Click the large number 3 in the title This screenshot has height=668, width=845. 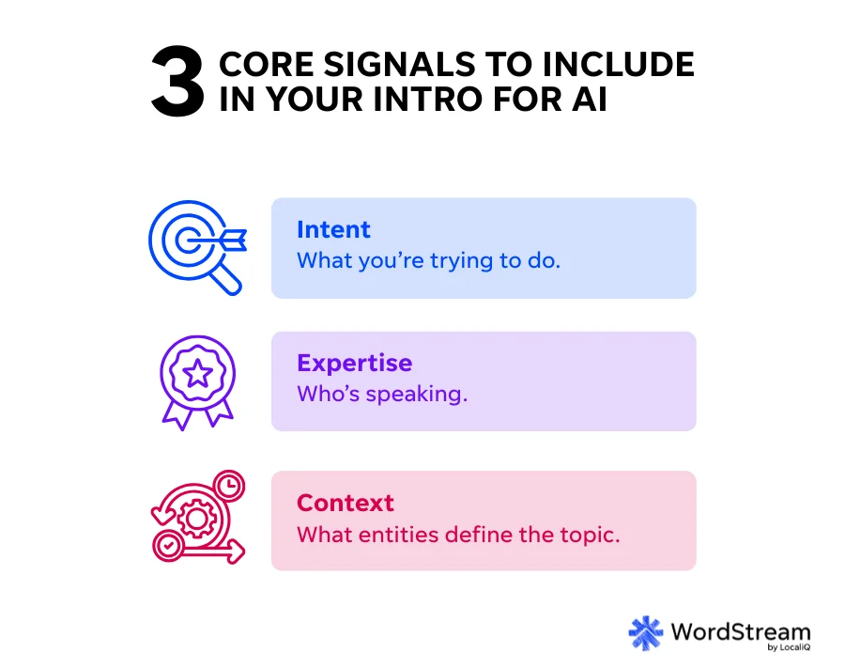coord(177,86)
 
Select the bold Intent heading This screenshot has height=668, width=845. coord(333,230)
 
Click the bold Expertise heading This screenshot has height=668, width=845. coord(354,363)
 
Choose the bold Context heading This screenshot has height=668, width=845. coord(345,503)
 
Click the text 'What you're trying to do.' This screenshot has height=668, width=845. coord(428,261)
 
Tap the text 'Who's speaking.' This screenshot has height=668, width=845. coord(381,394)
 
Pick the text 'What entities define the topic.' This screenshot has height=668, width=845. coord(459,535)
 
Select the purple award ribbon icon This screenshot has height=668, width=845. coord(198,380)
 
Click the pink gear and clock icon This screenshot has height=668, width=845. coord(198,519)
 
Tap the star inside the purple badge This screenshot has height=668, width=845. coord(198,373)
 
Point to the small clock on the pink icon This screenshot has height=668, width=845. coord(228,486)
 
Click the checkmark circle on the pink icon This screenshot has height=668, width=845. coord(168,544)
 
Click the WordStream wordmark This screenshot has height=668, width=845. coord(740,630)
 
